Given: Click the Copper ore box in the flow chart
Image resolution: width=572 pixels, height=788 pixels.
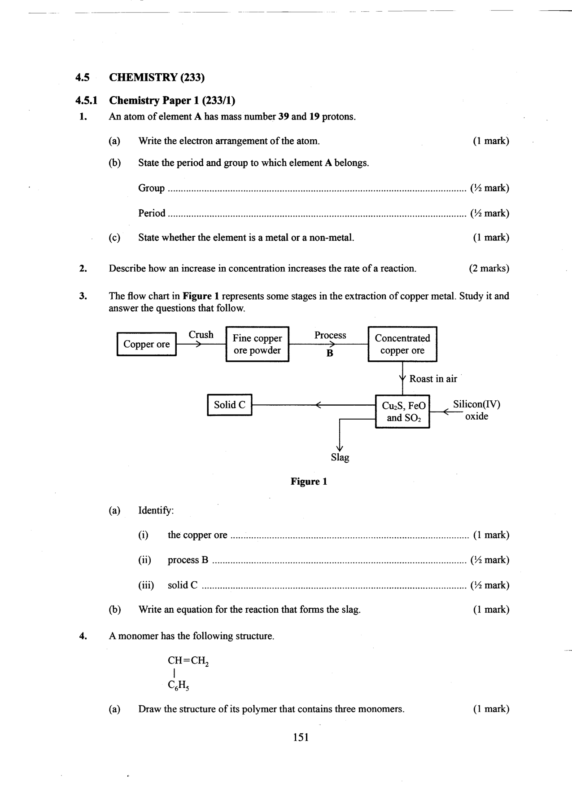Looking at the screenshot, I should tap(146, 344).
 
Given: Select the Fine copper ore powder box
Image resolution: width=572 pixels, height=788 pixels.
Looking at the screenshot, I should tap(257, 344).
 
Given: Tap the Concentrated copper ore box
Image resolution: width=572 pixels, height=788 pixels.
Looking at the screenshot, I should tap(402, 344).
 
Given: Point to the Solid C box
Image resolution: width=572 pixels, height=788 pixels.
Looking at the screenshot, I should tap(229, 405).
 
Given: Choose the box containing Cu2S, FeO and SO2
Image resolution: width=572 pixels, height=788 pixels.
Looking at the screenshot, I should tap(402, 412).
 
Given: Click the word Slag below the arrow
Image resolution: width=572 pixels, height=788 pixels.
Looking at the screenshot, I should tap(340, 457).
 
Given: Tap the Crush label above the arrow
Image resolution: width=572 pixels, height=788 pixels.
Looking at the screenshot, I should tap(201, 335).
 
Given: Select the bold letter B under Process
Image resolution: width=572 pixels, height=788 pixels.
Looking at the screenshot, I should tap(330, 354).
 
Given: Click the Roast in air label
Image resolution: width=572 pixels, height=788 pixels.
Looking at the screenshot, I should tap(433, 379).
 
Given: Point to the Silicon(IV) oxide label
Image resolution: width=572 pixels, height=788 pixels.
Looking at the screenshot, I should tap(476, 410).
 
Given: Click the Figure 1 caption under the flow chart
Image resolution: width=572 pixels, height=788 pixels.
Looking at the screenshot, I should tap(309, 482).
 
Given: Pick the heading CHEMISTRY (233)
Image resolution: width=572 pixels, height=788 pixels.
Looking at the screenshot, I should tap(157, 77).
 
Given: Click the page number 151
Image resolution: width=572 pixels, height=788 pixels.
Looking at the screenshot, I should tap(301, 737).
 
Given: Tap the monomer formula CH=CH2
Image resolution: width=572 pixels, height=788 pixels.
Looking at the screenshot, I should tap(188, 660).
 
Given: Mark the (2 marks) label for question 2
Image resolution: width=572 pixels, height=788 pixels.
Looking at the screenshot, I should tap(489, 269).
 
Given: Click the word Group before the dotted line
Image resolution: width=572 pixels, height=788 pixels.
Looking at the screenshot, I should tap(151, 188).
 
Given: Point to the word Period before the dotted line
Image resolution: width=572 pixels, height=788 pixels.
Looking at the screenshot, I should tap(152, 213).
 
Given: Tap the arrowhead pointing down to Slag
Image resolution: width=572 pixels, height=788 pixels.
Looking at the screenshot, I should tap(340, 447).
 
